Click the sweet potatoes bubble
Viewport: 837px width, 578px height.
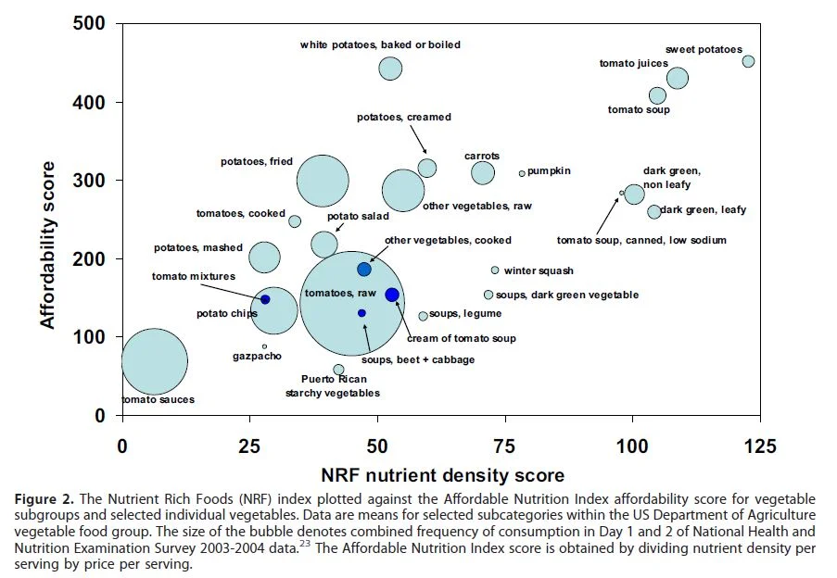click(x=748, y=61)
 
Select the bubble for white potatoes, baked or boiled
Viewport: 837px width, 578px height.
click(x=390, y=68)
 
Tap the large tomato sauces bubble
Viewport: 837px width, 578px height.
click(x=155, y=361)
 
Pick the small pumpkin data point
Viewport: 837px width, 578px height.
click(x=522, y=173)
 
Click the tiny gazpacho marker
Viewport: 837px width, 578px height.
click(x=264, y=346)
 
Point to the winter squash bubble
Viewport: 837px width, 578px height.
click(x=495, y=270)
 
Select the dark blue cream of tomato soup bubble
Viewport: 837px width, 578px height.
click(x=391, y=295)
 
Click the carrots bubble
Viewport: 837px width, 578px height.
click(x=483, y=172)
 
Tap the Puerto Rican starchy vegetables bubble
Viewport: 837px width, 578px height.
click(x=339, y=370)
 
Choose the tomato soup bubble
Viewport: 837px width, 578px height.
click(x=657, y=95)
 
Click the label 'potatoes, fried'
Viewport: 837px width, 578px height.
click(x=256, y=161)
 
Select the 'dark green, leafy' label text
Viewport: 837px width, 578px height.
click(x=703, y=210)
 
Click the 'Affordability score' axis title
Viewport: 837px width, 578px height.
click(x=48, y=245)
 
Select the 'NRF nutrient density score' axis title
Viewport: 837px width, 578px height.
click(x=442, y=476)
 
